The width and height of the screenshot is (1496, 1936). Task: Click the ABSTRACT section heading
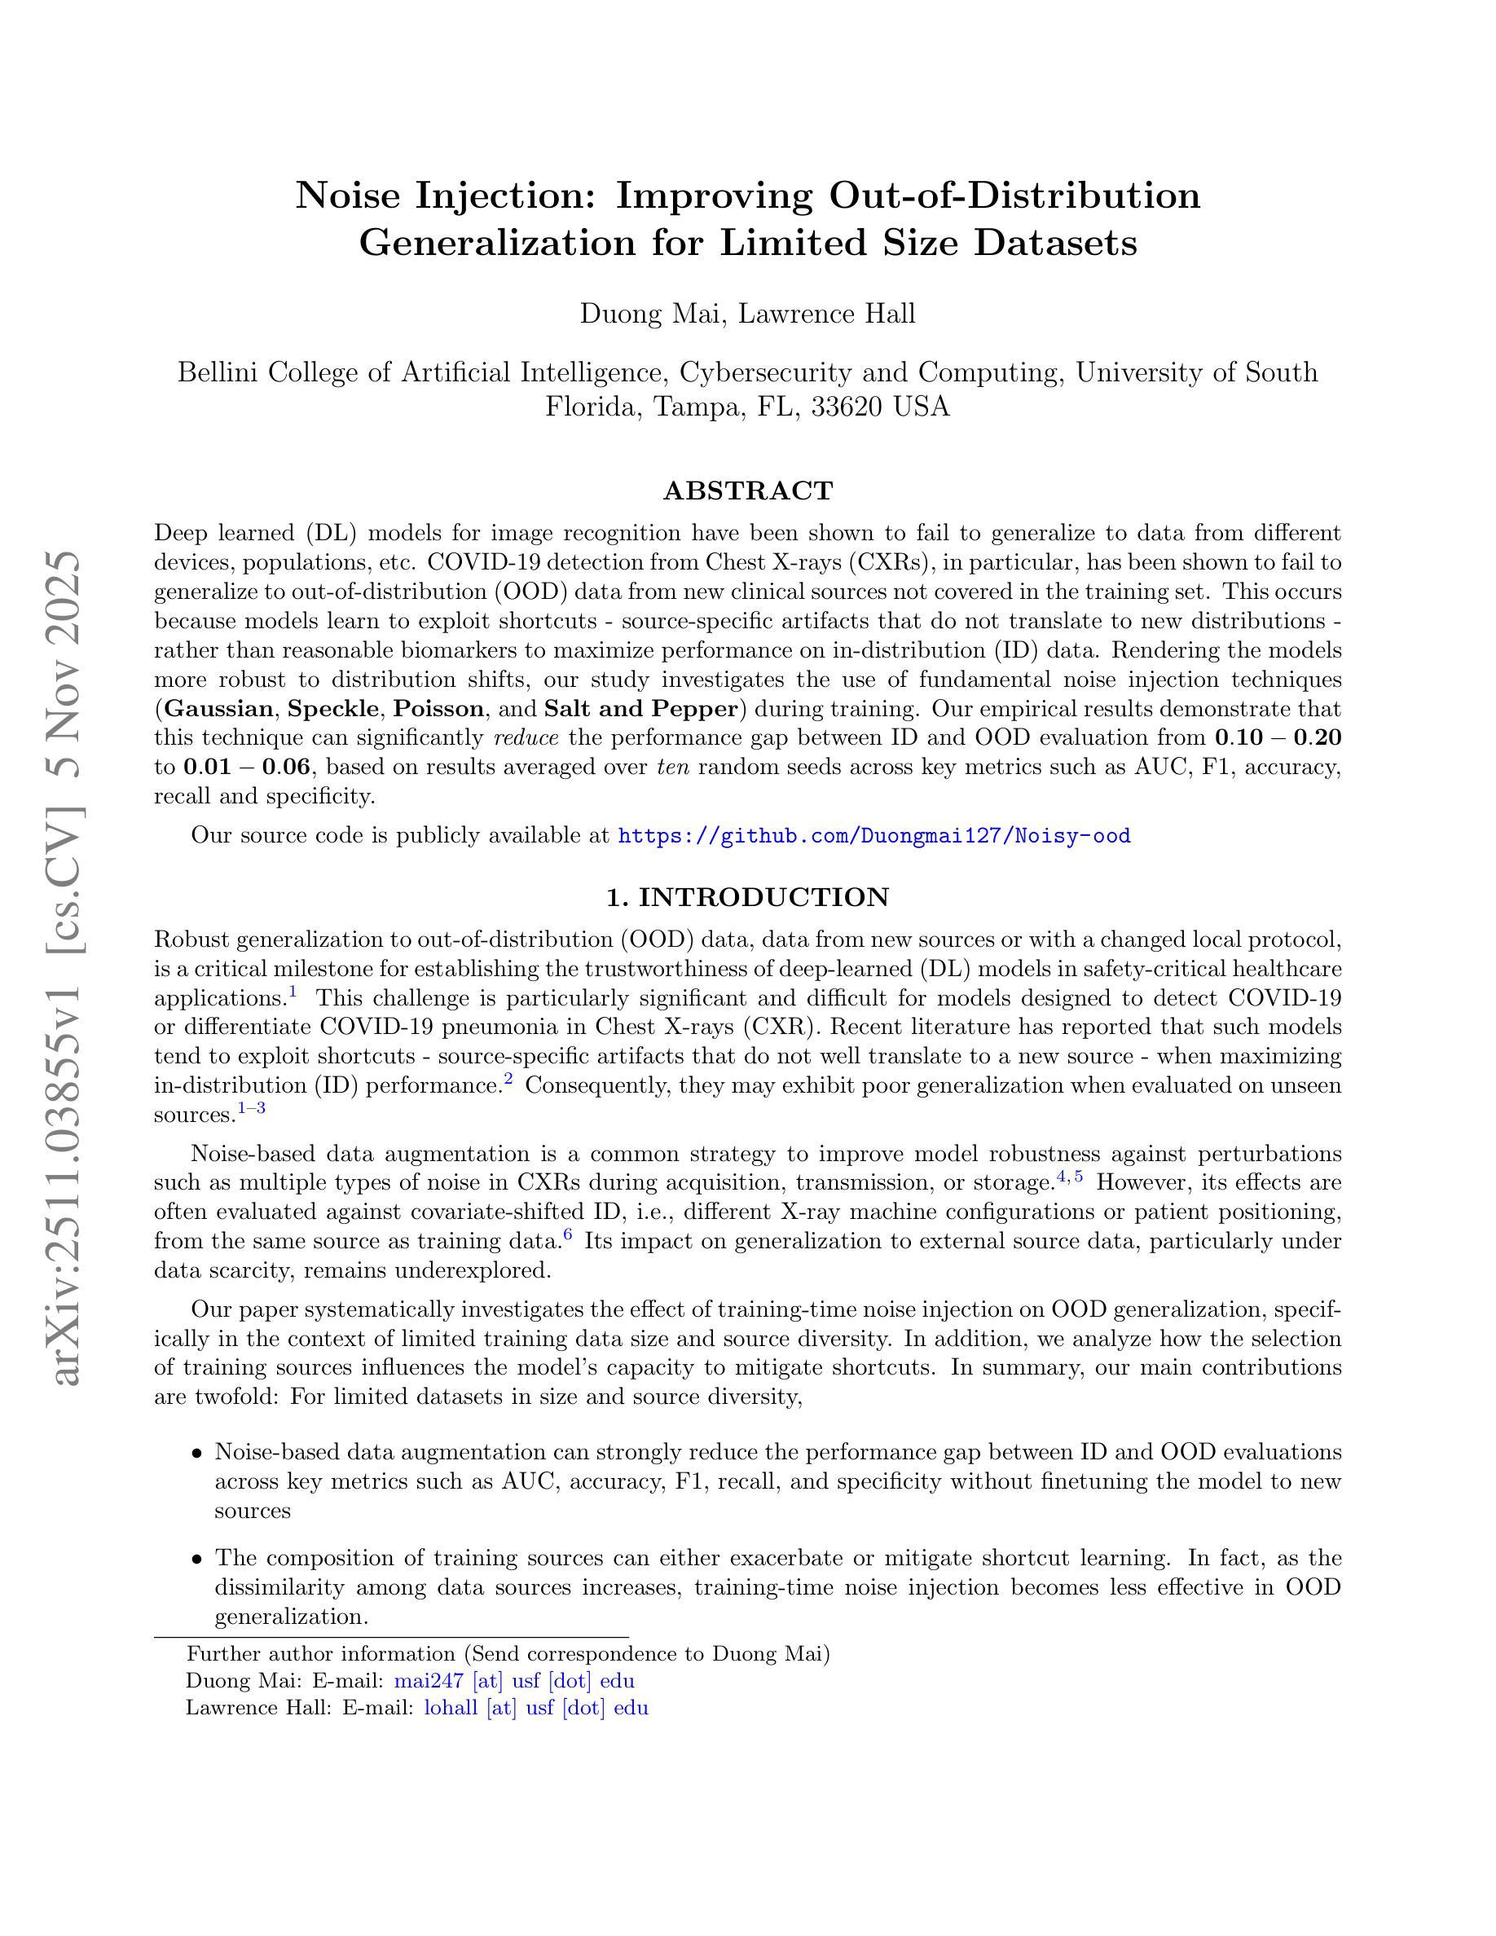(x=747, y=491)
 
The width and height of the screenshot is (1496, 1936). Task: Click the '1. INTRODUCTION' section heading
(x=747, y=897)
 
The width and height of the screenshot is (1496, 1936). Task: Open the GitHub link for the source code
(x=873, y=836)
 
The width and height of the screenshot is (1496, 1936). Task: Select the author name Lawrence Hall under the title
(x=827, y=314)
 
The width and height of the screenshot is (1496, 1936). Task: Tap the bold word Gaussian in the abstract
(x=219, y=709)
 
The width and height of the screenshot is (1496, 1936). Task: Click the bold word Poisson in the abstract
(x=438, y=709)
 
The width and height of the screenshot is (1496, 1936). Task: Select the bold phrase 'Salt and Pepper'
(x=640, y=709)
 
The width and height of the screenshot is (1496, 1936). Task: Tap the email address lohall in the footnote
(x=536, y=1708)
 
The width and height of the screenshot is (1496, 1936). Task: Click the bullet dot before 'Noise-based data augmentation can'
(x=196, y=1453)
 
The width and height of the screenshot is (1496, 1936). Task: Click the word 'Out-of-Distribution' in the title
(x=1014, y=195)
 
